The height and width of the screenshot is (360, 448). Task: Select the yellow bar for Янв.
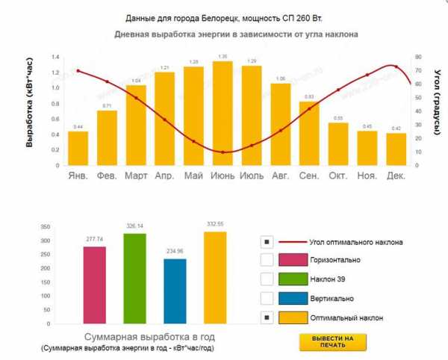coord(78,149)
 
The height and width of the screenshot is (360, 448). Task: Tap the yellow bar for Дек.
coord(396,149)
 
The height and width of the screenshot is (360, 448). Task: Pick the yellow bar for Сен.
coord(309,134)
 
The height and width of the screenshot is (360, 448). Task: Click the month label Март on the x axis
coord(136,176)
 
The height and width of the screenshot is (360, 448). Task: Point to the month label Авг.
coord(280,176)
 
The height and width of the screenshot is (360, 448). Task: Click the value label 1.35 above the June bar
coord(223,56)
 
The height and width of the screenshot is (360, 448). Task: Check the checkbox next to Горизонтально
coord(267,260)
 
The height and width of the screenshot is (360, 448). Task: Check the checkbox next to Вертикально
coord(267,299)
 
